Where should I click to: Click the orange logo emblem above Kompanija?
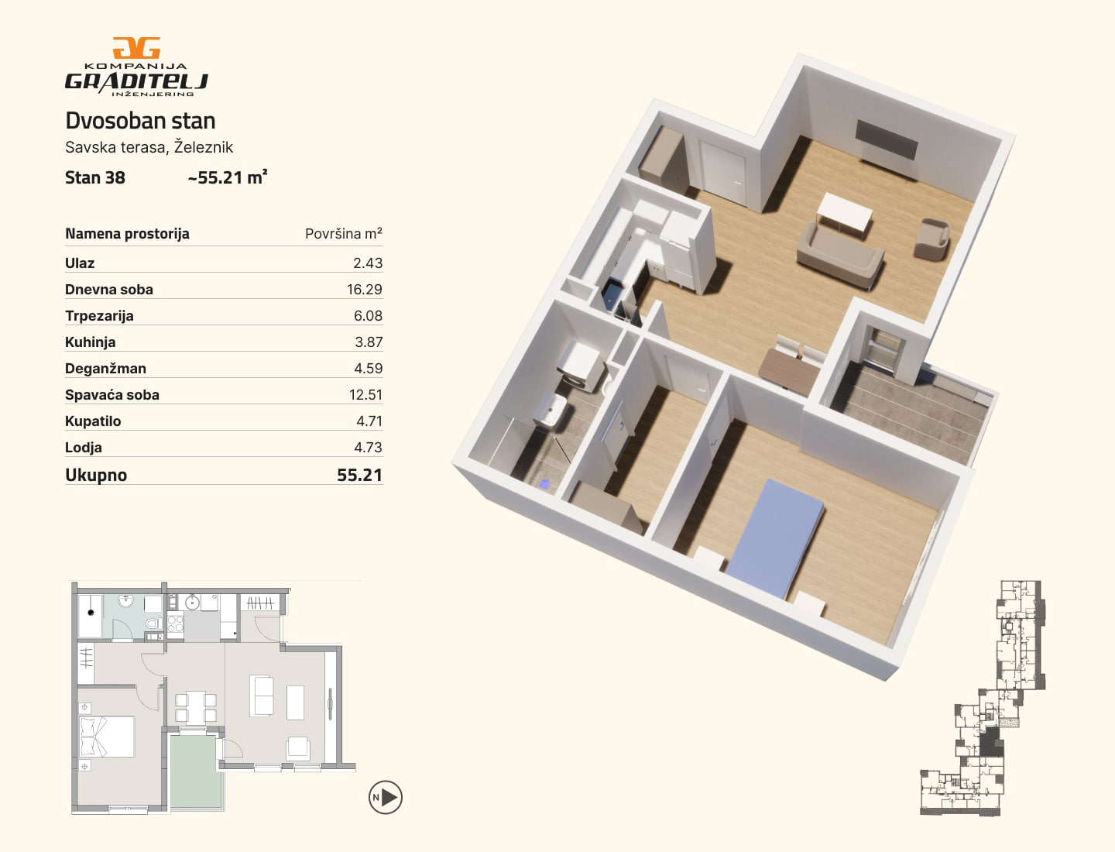[x=136, y=48]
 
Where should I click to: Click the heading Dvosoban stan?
[x=140, y=121]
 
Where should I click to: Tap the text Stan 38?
[x=95, y=177]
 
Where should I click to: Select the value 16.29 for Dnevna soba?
[x=364, y=289]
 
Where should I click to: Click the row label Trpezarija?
[x=99, y=315]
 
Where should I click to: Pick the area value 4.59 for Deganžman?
[x=369, y=368]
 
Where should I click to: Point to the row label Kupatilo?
[x=93, y=421]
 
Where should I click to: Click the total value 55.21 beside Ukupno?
[x=359, y=475]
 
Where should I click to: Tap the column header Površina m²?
[x=343, y=233]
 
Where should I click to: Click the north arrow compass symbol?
[x=386, y=797]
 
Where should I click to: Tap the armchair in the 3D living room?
[x=931, y=239]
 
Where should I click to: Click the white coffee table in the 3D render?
[x=844, y=215]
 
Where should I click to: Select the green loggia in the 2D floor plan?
[x=196, y=771]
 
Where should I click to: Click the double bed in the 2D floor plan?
[x=107, y=737]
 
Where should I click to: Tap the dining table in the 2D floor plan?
[x=196, y=706]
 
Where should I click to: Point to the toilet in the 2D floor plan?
[x=153, y=623]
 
